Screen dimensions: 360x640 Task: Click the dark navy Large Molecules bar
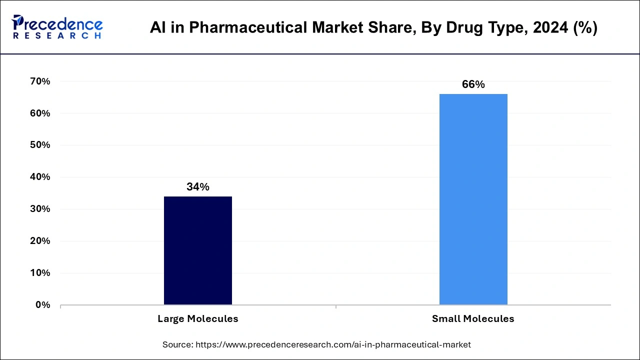pos(197,250)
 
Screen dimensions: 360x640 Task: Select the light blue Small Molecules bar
pos(473,199)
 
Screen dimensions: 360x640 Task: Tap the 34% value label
pos(197,187)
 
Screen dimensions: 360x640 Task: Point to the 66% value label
pos(473,84)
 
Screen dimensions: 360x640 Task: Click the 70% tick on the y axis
pos(40,81)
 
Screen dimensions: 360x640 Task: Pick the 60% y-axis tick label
pos(40,113)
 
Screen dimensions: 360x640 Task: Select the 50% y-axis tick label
pos(40,145)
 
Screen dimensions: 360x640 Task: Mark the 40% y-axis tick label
pos(40,177)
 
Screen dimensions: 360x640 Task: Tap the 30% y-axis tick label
pos(40,209)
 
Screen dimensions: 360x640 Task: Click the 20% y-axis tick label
pos(40,241)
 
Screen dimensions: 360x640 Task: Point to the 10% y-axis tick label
pos(40,273)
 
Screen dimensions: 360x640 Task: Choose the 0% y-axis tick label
pos(43,304)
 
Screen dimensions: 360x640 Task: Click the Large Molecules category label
pos(197,318)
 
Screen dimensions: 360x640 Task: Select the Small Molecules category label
pos(473,318)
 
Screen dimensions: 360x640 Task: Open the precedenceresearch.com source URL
pos(333,344)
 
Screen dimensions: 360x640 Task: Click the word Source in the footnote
pos(177,344)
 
